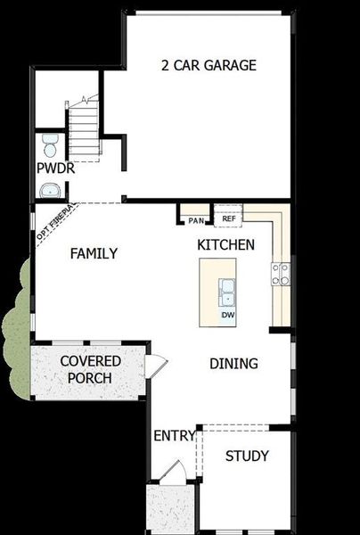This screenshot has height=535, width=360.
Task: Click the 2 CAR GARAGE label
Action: point(209,65)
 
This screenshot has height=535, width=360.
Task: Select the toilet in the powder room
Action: point(49,144)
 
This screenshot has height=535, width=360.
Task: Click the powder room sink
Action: point(50,189)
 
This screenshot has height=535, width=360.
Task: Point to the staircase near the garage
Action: point(84,129)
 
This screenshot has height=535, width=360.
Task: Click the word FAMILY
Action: point(94,253)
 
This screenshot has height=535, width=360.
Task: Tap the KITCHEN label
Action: point(226,244)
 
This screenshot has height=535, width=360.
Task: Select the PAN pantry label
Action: point(196,219)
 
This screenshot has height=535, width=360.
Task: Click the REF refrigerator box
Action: point(228,218)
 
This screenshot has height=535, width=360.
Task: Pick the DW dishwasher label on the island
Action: point(228,315)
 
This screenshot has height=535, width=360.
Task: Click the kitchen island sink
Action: point(228,287)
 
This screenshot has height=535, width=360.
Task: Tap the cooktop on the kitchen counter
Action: point(281,274)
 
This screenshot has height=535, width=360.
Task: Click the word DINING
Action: point(233,363)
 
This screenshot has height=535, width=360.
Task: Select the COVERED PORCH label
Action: point(86,369)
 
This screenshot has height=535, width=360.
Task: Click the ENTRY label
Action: point(174,435)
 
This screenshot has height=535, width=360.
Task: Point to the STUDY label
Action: point(247,456)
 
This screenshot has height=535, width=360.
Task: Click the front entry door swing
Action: point(176,473)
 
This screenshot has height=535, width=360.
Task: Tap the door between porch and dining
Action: point(155,365)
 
